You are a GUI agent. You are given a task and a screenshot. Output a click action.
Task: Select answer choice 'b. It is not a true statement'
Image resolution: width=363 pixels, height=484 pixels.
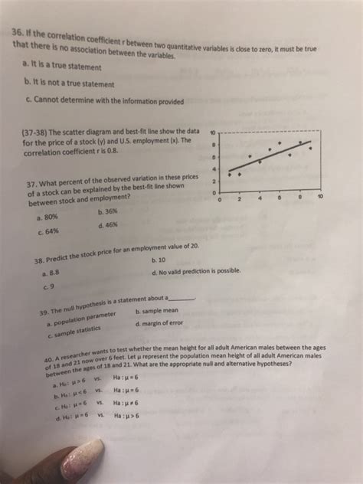coord(70,81)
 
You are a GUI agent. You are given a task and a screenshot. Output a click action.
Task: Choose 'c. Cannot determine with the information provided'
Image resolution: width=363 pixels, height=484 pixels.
coord(103,101)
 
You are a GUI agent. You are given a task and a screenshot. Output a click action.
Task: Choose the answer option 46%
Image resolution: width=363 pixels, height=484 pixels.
coord(112,225)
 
